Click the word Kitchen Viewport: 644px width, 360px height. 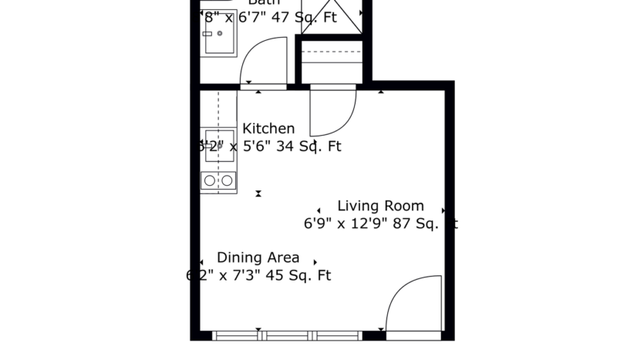(x=268, y=129)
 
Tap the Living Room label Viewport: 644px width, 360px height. (x=380, y=206)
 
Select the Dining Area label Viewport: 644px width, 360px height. (x=258, y=257)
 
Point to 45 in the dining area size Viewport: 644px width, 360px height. (x=275, y=275)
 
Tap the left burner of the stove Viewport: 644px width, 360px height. (x=210, y=180)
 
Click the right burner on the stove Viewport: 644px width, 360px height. (x=227, y=180)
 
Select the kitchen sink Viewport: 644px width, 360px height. (x=219, y=146)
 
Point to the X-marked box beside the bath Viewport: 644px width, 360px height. (x=331, y=17)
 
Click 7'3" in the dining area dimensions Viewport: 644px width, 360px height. (x=241, y=275)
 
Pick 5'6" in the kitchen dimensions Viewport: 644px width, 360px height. (x=247, y=146)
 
